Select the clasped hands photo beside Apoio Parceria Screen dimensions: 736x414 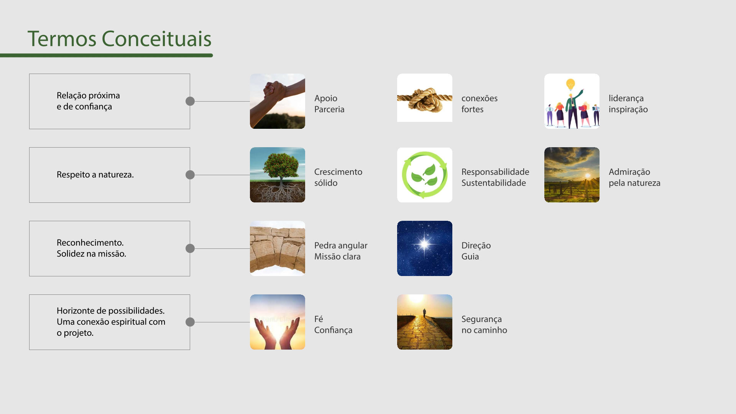click(278, 101)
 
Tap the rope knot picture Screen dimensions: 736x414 click(425, 98)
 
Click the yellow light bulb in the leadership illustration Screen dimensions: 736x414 click(571, 84)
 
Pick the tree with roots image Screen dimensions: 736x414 click(278, 175)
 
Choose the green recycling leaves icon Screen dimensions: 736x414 click(425, 175)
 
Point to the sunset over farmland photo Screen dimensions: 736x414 click(572, 175)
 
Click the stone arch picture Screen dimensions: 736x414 click(278, 248)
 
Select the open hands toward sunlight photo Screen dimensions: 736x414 click(278, 322)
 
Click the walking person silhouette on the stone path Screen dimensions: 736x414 click(424, 312)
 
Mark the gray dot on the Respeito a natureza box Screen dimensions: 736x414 click(190, 175)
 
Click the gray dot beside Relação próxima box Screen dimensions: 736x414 click(190, 101)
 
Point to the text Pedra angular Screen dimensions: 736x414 click(341, 246)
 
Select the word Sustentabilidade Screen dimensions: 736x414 click(494, 183)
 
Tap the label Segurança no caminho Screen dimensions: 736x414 click(484, 325)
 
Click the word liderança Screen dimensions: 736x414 click(626, 99)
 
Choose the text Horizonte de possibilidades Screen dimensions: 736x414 click(111, 311)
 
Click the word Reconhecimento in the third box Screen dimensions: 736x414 click(90, 243)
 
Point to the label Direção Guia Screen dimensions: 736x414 click(476, 251)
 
